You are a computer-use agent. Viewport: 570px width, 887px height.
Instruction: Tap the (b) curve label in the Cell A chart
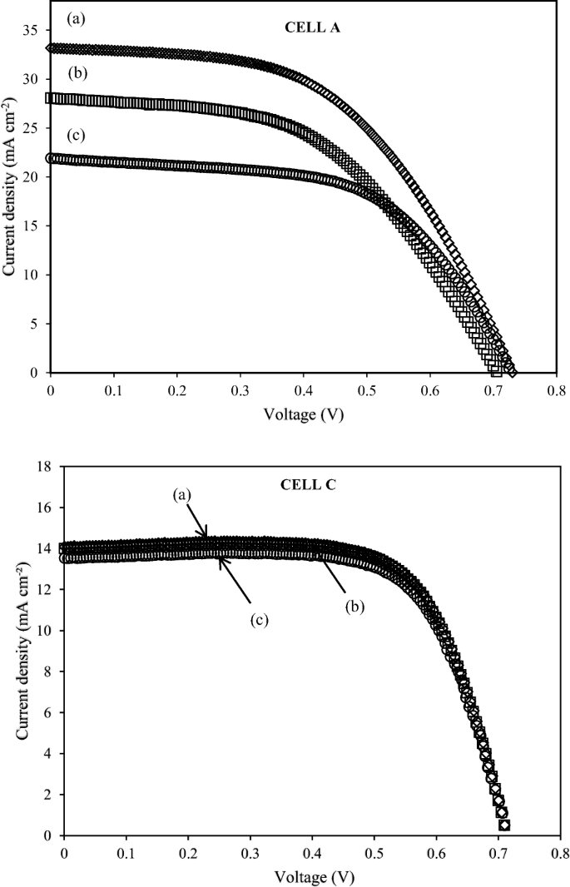pyautogui.click(x=78, y=73)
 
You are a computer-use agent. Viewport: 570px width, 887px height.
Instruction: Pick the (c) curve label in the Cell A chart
pyautogui.click(x=77, y=135)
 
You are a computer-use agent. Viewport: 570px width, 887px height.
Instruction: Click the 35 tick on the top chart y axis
pyautogui.click(x=32, y=29)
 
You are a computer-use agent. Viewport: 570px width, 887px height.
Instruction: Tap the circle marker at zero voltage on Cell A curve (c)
pyautogui.click(x=52, y=158)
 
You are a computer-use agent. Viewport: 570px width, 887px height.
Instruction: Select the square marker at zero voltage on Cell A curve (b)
pyautogui.click(x=52, y=97)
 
